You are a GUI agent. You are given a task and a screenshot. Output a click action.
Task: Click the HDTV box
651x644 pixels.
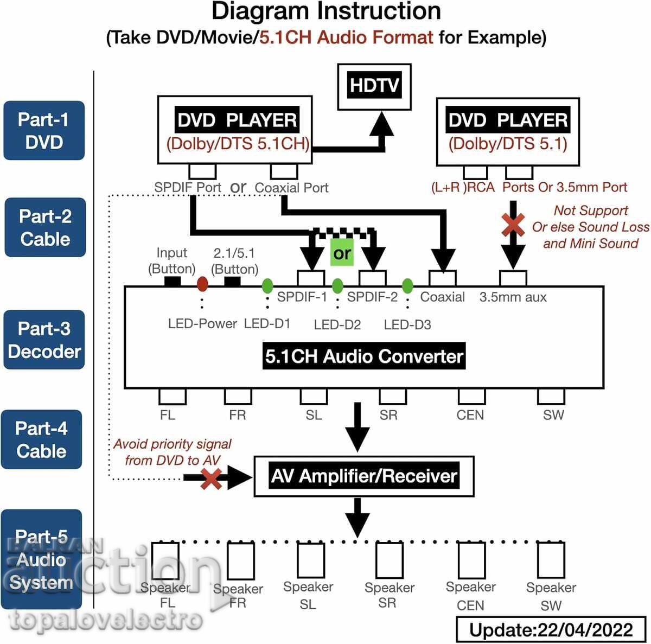click(x=374, y=86)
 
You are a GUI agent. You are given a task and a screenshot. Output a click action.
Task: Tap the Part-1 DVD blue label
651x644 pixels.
click(x=44, y=131)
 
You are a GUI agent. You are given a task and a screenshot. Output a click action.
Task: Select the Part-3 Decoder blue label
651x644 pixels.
click(x=44, y=340)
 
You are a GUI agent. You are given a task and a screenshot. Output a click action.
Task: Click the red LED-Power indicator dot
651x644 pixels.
click(x=202, y=283)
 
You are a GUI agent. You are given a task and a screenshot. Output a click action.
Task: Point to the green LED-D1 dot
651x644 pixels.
click(x=267, y=285)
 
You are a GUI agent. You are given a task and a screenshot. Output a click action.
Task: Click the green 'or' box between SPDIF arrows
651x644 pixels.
click(x=342, y=253)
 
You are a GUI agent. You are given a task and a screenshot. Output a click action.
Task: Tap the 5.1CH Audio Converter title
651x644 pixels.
click(x=364, y=356)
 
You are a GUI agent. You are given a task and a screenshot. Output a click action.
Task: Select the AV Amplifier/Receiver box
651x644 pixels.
click(x=364, y=476)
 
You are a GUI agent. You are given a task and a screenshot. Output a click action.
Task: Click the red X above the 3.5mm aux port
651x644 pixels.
click(x=513, y=225)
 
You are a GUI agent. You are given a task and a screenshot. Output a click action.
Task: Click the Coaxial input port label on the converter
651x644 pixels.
click(x=442, y=297)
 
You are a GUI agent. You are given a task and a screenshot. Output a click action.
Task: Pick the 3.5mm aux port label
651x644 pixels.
click(x=513, y=297)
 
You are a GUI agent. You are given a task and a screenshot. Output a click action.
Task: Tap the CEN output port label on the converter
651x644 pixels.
click(x=470, y=415)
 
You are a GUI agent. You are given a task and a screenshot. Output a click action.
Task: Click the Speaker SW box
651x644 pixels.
click(x=551, y=560)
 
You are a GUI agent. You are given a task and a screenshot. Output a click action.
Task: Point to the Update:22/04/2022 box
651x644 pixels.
click(x=551, y=630)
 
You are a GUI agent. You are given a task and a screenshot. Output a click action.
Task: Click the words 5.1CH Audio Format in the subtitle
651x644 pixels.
click(x=346, y=37)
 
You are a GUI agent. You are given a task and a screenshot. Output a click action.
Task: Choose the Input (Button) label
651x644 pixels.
click(x=172, y=260)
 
